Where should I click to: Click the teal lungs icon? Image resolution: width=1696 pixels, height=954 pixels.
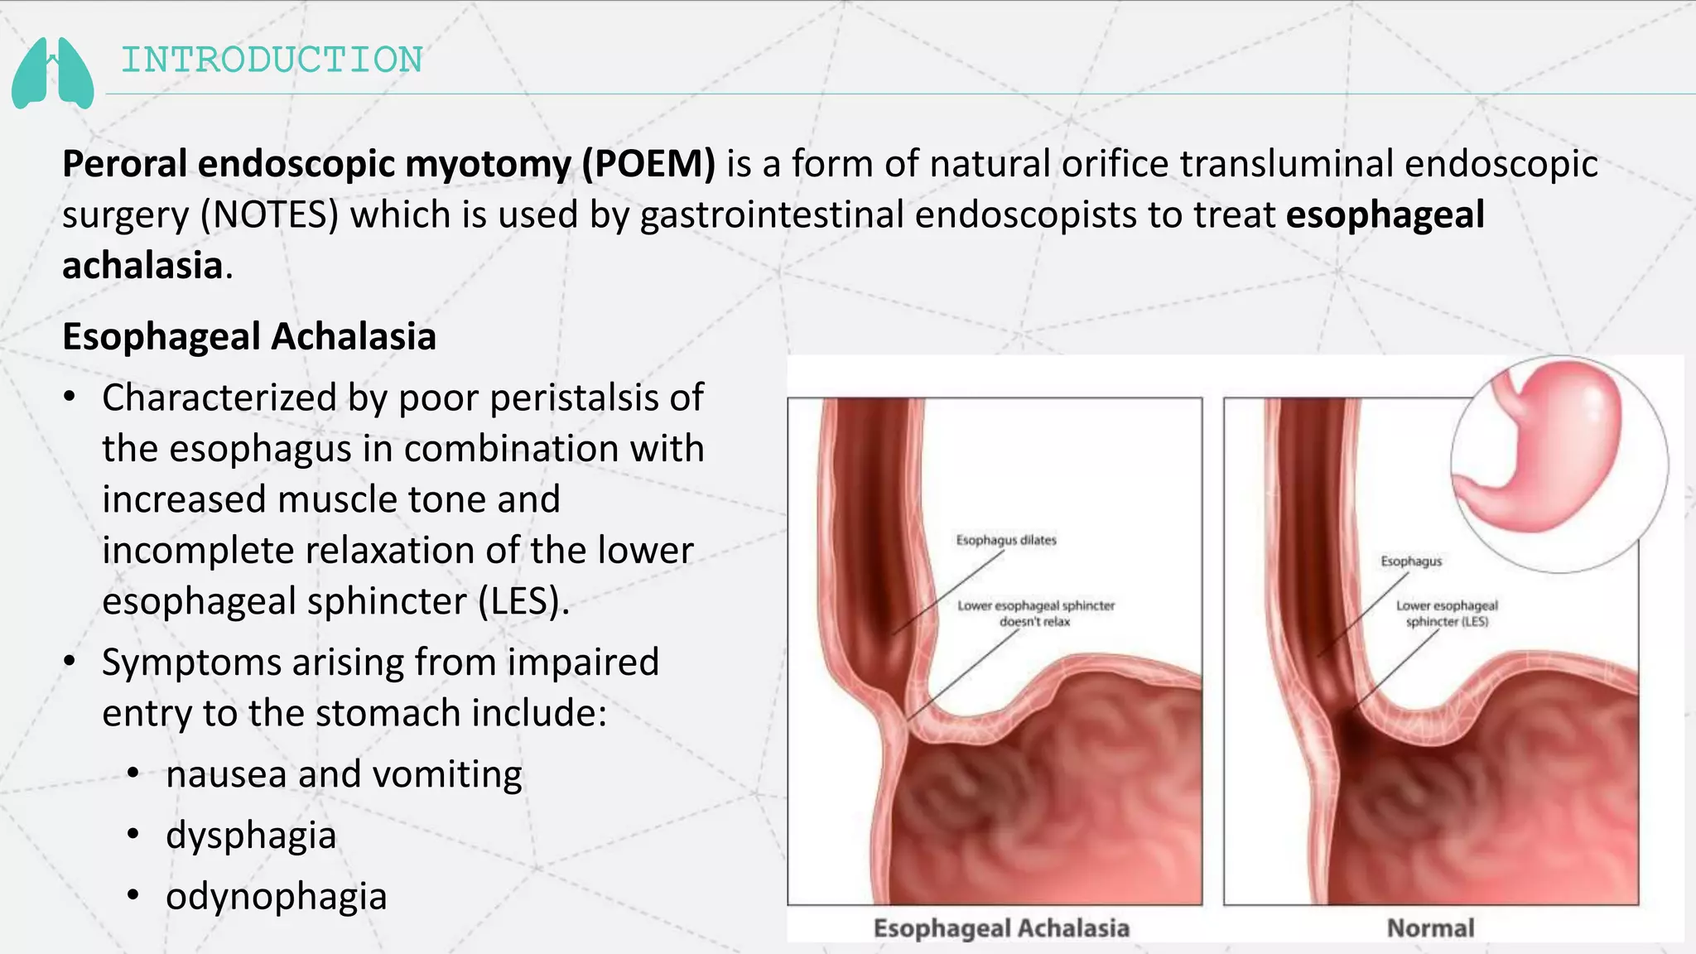[x=52, y=73]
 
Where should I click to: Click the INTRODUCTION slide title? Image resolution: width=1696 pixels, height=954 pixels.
[x=272, y=60]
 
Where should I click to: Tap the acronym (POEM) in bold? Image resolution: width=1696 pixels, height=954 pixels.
[x=648, y=164]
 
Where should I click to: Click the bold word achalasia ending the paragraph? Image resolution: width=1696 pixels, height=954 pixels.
[x=142, y=266]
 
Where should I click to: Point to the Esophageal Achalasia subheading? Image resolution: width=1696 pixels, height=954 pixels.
[x=249, y=337]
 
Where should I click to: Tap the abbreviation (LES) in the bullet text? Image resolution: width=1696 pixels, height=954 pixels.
[x=523, y=601]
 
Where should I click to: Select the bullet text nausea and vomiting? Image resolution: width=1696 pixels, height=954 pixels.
[x=344, y=774]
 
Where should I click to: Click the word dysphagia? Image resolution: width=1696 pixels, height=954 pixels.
[x=251, y=836]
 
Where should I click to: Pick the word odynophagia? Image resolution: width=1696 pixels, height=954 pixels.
[x=277, y=897]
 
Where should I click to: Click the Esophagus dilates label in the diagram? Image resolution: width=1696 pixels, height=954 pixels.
[x=1006, y=541]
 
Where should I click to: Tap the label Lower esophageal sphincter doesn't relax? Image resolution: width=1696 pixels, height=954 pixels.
[x=1036, y=614]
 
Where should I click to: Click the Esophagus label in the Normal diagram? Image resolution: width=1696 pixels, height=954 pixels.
[x=1411, y=561]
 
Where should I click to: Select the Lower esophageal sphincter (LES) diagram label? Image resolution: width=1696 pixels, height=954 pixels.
[x=1447, y=614]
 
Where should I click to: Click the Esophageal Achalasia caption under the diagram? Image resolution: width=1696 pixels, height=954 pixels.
[x=1001, y=928]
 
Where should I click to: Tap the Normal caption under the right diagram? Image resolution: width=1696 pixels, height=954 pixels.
[x=1430, y=928]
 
